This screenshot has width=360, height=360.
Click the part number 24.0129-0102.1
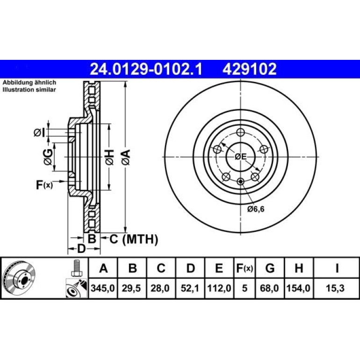(146, 69)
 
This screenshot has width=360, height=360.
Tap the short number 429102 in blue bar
(249, 69)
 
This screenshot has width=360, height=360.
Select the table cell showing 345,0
(103, 288)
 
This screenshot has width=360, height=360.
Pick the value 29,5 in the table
(131, 288)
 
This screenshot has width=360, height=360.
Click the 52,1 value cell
(190, 288)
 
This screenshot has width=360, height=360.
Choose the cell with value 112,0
(219, 288)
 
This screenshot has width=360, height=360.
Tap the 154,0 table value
(298, 288)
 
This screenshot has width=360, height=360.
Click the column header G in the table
(270, 268)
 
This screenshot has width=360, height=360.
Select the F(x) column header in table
(245, 268)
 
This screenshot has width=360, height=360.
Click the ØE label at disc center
(240, 157)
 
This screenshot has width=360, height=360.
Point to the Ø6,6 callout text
(256, 209)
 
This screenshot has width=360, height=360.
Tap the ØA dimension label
(126, 157)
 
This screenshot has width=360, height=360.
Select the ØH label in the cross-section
(109, 157)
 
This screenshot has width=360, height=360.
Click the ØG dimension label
(48, 157)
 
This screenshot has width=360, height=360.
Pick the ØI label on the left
(38, 132)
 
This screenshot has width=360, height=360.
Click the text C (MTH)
(134, 239)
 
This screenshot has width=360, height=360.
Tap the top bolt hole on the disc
(240, 132)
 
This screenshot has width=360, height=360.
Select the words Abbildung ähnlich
(29, 82)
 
